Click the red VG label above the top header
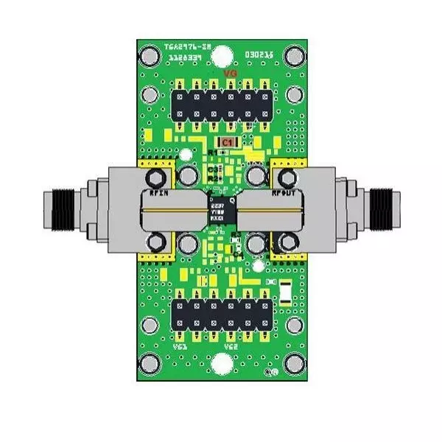(230, 75)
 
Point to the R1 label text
(212, 152)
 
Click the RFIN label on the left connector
(160, 193)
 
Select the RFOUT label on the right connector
(284, 193)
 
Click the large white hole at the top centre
(222, 55)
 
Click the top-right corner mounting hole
(295, 55)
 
